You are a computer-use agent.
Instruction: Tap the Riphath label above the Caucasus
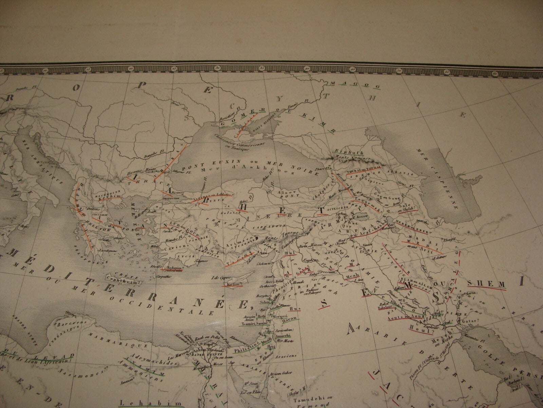(344, 152)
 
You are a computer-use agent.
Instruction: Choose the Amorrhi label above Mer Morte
(273, 336)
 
